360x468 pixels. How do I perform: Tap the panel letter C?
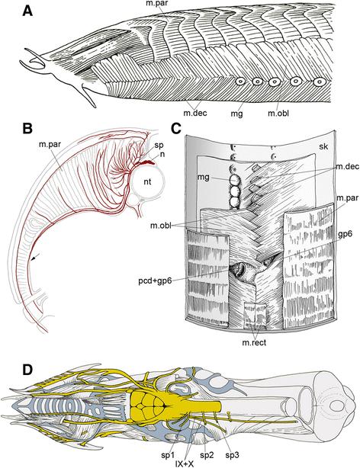coord(176,129)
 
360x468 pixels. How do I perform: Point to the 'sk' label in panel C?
coord(323,146)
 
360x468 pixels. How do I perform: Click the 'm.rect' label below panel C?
coord(254,342)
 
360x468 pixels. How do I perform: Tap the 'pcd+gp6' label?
coord(155,280)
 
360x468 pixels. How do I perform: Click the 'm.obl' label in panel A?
coord(278,113)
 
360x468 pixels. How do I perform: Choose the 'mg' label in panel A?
coord(237,114)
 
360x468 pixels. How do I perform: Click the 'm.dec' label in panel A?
coord(195,113)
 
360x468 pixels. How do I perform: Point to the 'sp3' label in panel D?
coord(232,455)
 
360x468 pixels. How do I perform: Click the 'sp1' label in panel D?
coord(168,455)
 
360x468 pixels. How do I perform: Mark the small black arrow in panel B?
coord(35,259)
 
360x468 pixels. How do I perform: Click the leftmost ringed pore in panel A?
coord(240,81)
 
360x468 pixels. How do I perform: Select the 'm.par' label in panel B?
coord(50,144)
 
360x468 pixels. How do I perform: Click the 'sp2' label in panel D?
coord(207,455)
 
